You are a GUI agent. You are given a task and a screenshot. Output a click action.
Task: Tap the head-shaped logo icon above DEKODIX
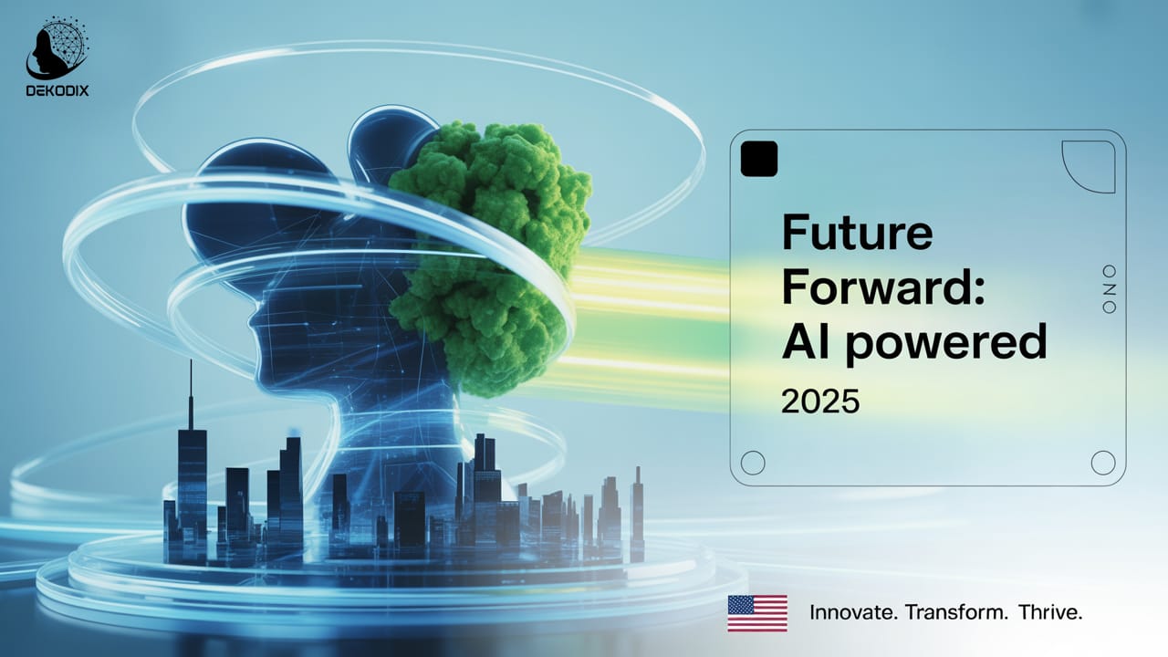pos(57,50)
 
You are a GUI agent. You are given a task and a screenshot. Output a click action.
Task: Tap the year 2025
pos(820,401)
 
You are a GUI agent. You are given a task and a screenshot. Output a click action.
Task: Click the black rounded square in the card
pos(759,159)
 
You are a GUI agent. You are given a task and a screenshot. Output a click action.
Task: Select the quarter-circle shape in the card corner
pos(1089,167)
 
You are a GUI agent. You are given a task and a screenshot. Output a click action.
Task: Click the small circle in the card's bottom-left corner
pos(753,463)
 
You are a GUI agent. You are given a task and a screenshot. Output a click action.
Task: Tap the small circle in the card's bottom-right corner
pos(1103,463)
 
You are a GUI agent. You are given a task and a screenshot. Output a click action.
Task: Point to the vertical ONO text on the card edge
pos(1110,289)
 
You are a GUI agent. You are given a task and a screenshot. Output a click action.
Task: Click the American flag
pos(757,612)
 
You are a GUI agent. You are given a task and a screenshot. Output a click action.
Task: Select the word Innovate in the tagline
pos(853,612)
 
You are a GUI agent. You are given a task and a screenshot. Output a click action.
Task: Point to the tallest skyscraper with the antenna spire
pos(192,474)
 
